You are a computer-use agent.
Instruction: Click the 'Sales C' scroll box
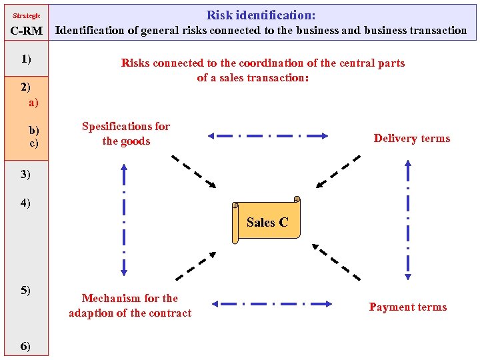click(267, 222)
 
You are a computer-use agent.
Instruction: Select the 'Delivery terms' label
click(411, 139)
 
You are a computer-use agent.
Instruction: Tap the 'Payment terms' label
click(408, 307)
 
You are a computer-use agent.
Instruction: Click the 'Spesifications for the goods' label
click(126, 133)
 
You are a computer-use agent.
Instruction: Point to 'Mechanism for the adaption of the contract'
click(130, 305)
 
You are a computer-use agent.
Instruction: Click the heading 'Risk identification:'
click(261, 15)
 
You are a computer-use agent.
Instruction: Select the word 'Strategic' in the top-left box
click(27, 15)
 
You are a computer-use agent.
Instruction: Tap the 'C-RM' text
click(27, 31)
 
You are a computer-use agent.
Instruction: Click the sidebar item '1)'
click(26, 59)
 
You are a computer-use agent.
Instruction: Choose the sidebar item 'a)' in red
click(33, 103)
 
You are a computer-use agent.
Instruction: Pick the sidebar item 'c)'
click(33, 143)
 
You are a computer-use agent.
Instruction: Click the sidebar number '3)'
click(25, 174)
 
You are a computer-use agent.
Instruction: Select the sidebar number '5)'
click(25, 290)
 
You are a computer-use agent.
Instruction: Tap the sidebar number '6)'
click(25, 345)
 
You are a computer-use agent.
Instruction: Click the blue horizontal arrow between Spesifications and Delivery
click(268, 135)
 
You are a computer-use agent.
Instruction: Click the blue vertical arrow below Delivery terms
click(408, 219)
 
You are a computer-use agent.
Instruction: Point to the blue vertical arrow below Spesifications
click(124, 220)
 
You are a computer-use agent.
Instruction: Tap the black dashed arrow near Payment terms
click(337, 261)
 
